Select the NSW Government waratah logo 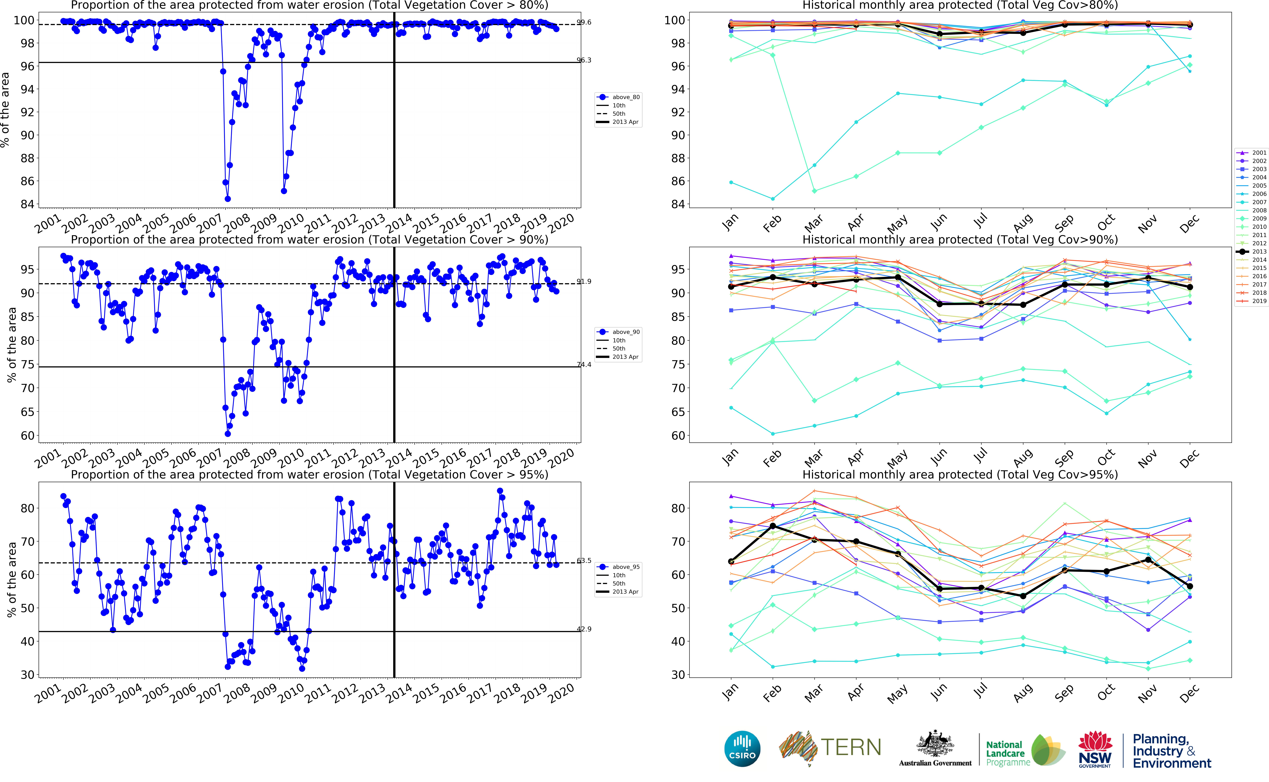1095,748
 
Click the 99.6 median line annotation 584,22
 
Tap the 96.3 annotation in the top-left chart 584,60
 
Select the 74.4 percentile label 584,365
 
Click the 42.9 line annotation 584,629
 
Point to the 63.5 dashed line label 584,561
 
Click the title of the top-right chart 960,5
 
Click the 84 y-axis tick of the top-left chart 27,204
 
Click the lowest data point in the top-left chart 227,199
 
